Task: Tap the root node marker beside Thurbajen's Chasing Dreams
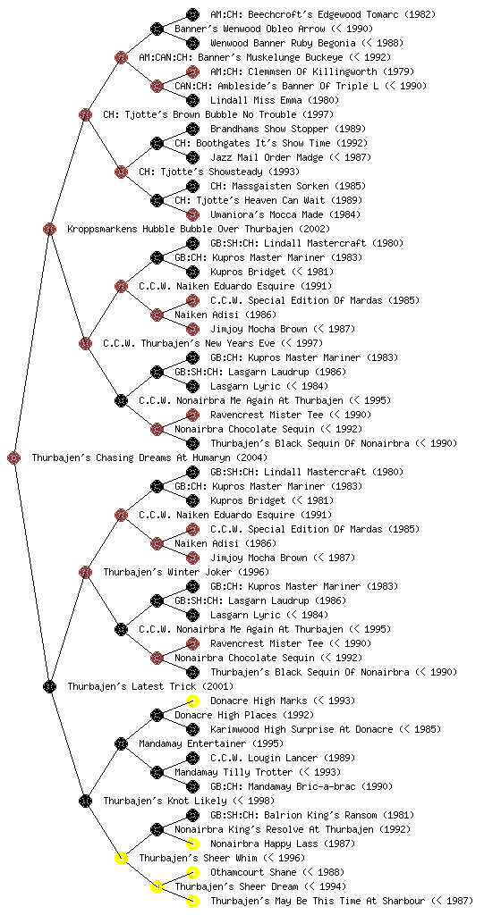tap(14, 457)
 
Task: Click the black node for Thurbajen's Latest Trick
tap(49, 686)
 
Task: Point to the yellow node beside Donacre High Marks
tap(192, 701)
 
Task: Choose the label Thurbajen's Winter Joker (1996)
tap(186, 572)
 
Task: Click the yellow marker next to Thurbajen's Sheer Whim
tap(121, 858)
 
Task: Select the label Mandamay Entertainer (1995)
tap(211, 743)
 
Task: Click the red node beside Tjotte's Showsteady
tap(121, 172)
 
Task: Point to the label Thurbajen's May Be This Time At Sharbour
tap(342, 901)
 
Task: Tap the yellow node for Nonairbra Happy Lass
tap(192, 844)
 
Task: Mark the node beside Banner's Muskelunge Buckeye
tap(121, 57)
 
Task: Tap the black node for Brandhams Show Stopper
tap(192, 129)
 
